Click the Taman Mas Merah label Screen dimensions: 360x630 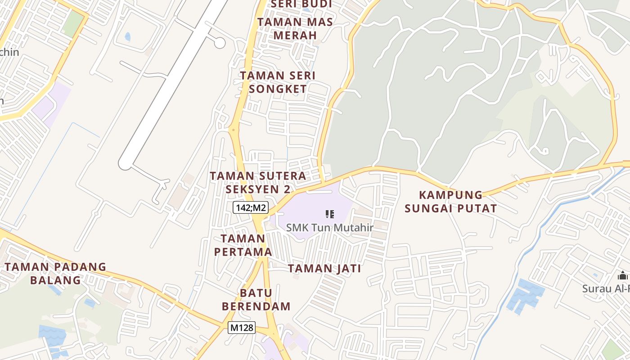[295, 28]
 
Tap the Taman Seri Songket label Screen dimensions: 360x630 [278, 82]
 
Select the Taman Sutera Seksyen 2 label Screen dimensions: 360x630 [258, 182]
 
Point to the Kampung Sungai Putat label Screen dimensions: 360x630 [450, 202]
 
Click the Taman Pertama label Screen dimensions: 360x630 [243, 245]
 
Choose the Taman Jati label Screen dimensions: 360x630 [324, 269]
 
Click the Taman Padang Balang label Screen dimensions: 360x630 [55, 273]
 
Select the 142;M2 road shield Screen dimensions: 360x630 [250, 207]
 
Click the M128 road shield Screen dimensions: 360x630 [242, 328]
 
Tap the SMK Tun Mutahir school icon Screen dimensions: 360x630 [330, 214]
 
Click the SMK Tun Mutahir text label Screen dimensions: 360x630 [330, 228]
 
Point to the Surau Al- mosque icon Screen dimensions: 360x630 [623, 275]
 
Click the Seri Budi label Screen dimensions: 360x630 [301, 4]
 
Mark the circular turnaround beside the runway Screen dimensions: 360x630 [220, 43]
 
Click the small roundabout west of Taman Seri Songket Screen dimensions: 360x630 [233, 130]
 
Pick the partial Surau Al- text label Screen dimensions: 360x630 [606, 288]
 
